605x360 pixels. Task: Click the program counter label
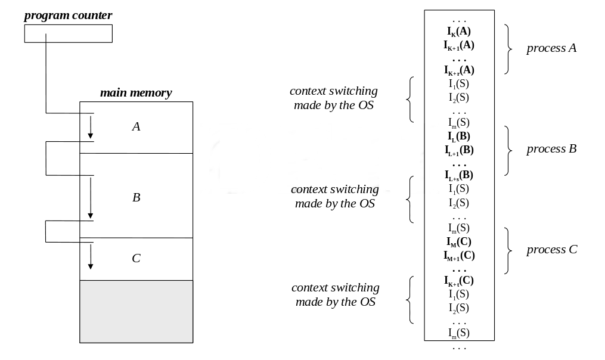click(x=68, y=15)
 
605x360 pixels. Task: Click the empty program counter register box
click(x=68, y=34)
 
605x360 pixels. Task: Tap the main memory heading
click(x=136, y=93)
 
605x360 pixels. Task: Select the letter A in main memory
click(x=136, y=126)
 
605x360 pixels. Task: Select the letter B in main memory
click(x=136, y=197)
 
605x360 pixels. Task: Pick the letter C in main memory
click(x=136, y=258)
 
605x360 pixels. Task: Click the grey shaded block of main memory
click(x=136, y=311)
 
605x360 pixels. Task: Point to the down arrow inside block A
click(x=91, y=126)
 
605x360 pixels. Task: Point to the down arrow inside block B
click(x=91, y=197)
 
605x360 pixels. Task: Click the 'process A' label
click(x=551, y=48)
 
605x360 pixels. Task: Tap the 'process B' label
click(x=551, y=149)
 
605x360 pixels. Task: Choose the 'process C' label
click(x=551, y=250)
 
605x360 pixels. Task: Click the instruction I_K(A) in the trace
click(x=459, y=30)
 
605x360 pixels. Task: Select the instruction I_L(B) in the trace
click(x=459, y=136)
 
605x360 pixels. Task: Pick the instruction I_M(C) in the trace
click(x=459, y=241)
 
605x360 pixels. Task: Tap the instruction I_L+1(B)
click(x=459, y=150)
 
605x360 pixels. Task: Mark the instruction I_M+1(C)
click(x=459, y=255)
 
